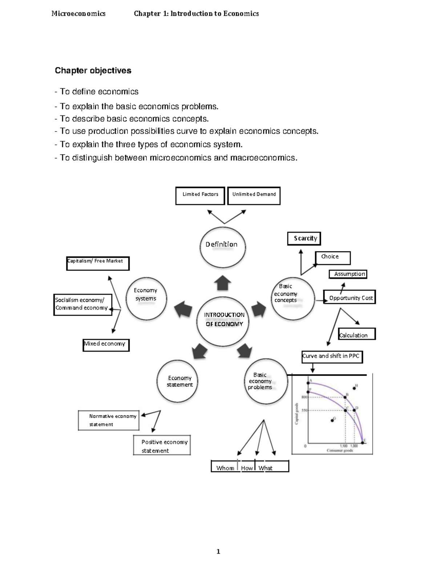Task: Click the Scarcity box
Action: point(304,239)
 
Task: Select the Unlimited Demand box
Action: point(254,195)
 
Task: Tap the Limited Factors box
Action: point(200,195)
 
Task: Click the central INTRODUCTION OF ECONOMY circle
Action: point(223,320)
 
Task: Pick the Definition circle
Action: point(222,246)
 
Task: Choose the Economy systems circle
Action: point(146,299)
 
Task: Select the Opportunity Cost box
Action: point(350,297)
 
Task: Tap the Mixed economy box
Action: point(106,345)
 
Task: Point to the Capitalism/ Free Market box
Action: point(97,263)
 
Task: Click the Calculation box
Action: point(356,334)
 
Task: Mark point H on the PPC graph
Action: point(355,388)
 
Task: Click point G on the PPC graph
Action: point(332,420)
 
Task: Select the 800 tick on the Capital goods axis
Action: point(304,397)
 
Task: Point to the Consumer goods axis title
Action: point(340,451)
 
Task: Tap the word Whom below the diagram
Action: point(225,468)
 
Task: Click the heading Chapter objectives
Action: point(93,70)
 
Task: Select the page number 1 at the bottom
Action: point(218,552)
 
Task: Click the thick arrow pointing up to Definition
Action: point(223,283)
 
